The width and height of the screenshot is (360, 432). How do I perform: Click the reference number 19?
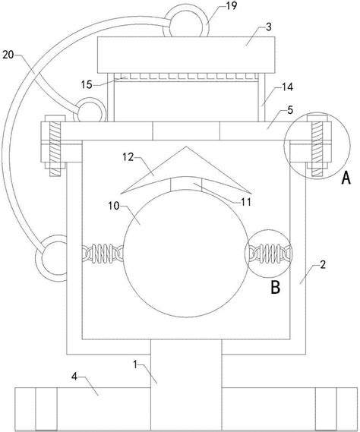[x=232, y=6]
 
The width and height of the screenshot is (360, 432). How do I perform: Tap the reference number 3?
[x=269, y=27]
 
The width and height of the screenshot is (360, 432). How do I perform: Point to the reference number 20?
[x=8, y=55]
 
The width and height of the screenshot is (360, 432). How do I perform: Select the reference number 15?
[x=87, y=84]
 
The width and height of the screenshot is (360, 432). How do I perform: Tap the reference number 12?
[x=128, y=157]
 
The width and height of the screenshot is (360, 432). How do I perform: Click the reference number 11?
[x=246, y=202]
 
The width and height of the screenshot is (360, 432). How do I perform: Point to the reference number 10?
[x=114, y=206]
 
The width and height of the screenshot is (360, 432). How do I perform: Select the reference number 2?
[x=323, y=265]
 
